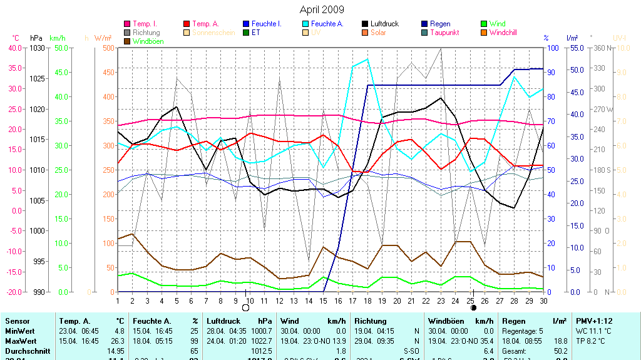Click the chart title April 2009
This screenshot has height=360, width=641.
click(x=322, y=9)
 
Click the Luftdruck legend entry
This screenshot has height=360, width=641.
click(x=387, y=24)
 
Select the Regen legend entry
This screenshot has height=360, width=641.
click(x=440, y=24)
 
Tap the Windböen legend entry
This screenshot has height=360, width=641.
click(x=148, y=41)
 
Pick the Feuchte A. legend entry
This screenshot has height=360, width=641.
click(x=327, y=24)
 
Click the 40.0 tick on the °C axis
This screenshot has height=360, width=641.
click(x=15, y=48)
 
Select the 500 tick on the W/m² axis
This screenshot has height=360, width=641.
click(x=108, y=48)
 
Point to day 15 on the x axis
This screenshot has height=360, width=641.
click(x=323, y=301)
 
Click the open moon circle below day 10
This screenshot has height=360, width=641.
click(x=245, y=308)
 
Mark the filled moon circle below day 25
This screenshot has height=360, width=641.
click(x=473, y=308)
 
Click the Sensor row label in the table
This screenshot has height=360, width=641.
click(x=17, y=321)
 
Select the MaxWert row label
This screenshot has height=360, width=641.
click(x=21, y=341)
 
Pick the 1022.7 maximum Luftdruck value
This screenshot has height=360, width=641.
click(x=261, y=341)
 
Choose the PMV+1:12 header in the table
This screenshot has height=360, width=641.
click(x=594, y=321)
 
